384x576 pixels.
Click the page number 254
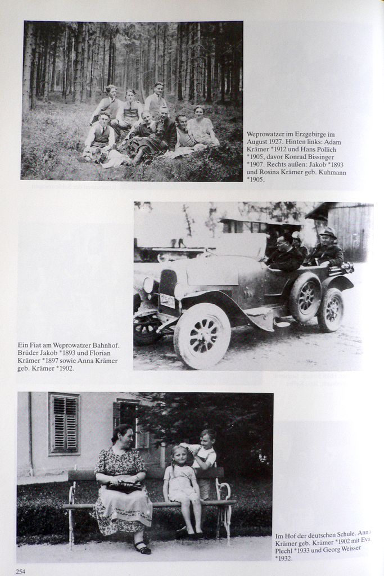[x=21, y=571]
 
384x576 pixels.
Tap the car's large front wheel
[x=202, y=336]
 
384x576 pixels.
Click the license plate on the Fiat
[x=167, y=301]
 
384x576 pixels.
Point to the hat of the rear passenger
[x=327, y=232]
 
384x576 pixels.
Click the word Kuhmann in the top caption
[x=328, y=172]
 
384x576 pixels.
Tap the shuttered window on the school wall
[x=65, y=423]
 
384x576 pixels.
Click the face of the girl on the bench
[x=180, y=455]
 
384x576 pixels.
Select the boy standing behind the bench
[x=206, y=456]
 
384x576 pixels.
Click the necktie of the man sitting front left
[x=104, y=130]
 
